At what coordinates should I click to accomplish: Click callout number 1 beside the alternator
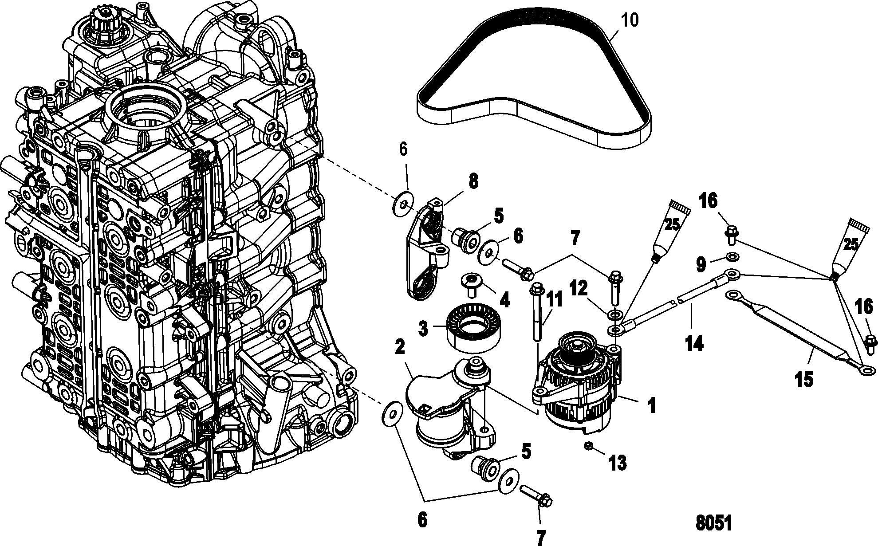pos(652,405)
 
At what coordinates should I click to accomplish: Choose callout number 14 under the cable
pos(694,343)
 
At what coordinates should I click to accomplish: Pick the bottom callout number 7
pos(540,537)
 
